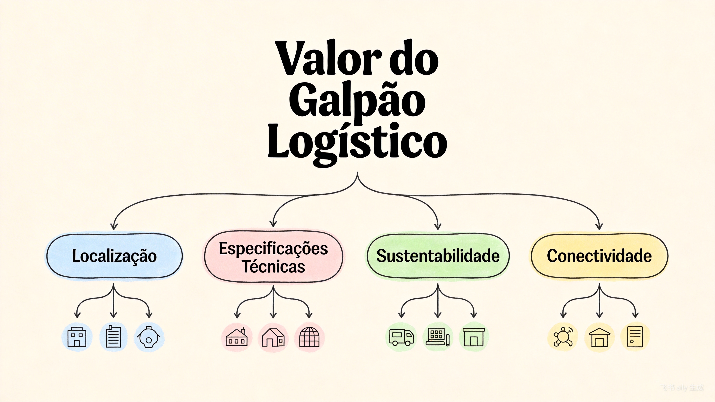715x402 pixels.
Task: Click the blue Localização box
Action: [x=114, y=256]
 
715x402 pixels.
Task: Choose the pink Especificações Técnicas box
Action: [x=273, y=257]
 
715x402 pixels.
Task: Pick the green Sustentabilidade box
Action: [x=438, y=256]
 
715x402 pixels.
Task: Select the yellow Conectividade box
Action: [x=599, y=256]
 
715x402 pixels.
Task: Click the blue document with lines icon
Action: [x=113, y=337]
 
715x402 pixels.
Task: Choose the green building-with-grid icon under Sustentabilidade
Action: [x=438, y=337]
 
